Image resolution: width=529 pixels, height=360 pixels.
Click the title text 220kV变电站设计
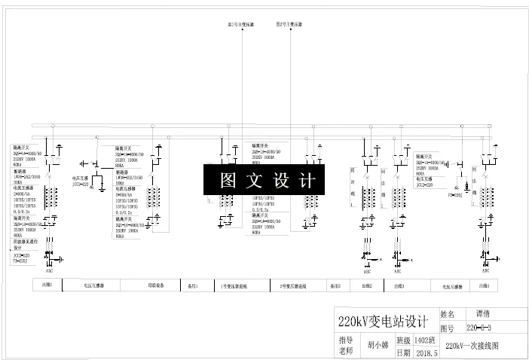[x=382, y=322]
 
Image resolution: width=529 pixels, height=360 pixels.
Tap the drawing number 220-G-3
[x=479, y=328]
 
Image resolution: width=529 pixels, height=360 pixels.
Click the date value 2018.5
[x=426, y=352]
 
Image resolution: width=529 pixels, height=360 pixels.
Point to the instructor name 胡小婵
[x=378, y=346]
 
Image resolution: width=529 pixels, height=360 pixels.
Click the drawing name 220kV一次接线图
[x=472, y=346]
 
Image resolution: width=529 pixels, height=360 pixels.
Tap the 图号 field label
[x=447, y=328]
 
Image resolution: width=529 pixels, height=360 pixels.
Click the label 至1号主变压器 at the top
[x=241, y=24]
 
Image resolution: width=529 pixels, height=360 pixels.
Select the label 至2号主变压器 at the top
[x=289, y=24]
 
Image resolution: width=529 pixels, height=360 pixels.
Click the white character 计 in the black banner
[x=307, y=181]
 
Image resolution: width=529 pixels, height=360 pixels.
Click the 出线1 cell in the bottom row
[x=47, y=286]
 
